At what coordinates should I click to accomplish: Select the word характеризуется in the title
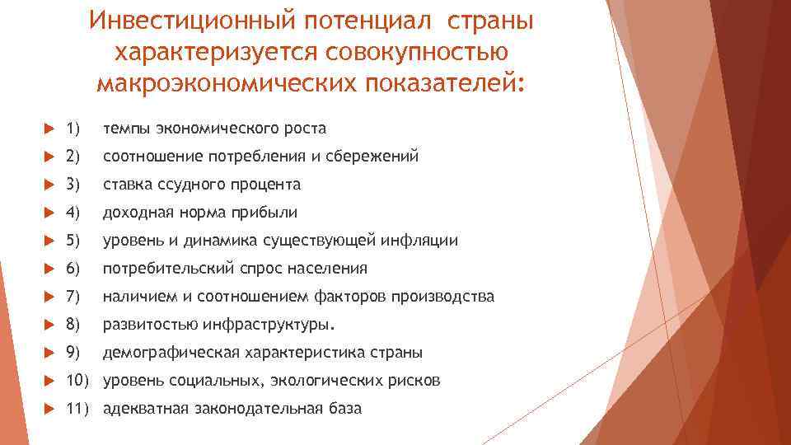tap(218, 51)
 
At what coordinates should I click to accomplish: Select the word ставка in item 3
tap(125, 185)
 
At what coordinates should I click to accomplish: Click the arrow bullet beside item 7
tap(49, 297)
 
